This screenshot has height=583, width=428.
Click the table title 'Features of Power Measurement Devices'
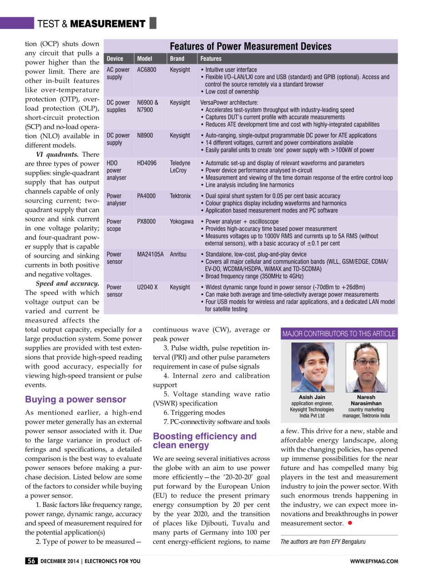click(x=250, y=46)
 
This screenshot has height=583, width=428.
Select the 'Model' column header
click(x=145, y=59)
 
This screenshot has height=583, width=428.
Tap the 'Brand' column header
click(x=177, y=59)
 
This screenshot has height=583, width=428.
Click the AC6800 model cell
click(x=146, y=71)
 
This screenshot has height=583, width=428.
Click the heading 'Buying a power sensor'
click(x=76, y=399)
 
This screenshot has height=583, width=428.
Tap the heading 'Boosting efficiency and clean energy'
click(x=205, y=440)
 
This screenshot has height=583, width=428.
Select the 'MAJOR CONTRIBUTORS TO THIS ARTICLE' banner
click(x=339, y=333)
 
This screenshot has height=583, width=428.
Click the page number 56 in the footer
click(x=31, y=561)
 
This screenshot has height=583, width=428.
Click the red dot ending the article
click(x=349, y=523)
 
